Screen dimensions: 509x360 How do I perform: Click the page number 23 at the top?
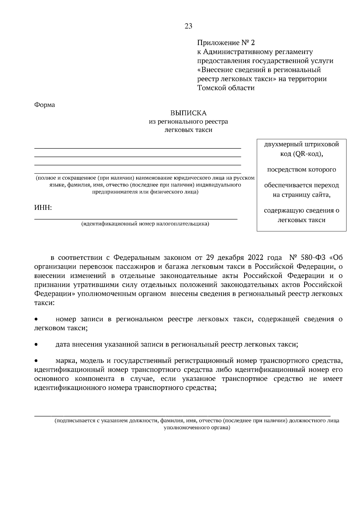tap(188, 26)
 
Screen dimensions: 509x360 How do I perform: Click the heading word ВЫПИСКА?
tap(188, 113)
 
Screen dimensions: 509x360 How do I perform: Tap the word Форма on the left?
tap(45, 105)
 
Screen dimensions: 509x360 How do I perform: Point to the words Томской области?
tap(226, 88)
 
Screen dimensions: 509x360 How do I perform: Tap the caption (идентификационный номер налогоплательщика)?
tap(145, 224)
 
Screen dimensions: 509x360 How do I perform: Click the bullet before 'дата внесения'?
tap(36, 345)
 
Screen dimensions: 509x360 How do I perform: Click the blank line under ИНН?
tap(136, 219)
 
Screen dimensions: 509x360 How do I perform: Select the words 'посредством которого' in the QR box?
tap(301, 170)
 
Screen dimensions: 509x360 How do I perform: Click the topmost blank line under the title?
tap(138, 148)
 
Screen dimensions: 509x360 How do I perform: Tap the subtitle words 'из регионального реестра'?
tap(188, 122)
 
